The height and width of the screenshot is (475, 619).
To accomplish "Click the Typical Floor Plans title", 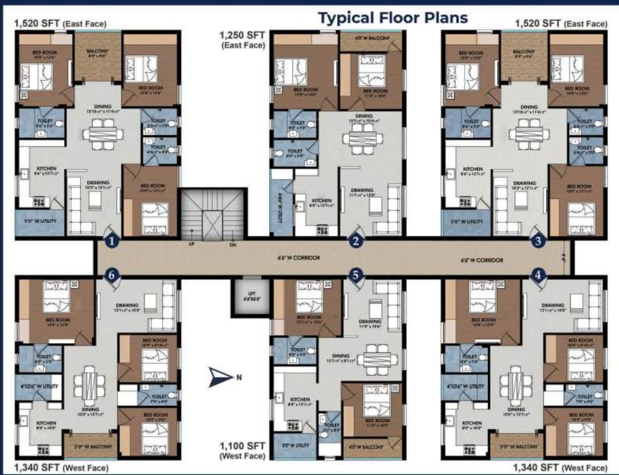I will pyautogui.click(x=393, y=17).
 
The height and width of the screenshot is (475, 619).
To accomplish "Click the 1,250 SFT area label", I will pyautogui.click(x=242, y=40).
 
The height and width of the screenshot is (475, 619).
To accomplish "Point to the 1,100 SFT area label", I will pyautogui.click(x=242, y=450).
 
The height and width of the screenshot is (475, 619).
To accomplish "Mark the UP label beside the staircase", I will pyautogui.click(x=192, y=245).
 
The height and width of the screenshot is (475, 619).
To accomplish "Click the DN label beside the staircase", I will pyautogui.click(x=233, y=245).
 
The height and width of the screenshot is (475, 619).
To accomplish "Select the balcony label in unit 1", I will pyautogui.click(x=98, y=51).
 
